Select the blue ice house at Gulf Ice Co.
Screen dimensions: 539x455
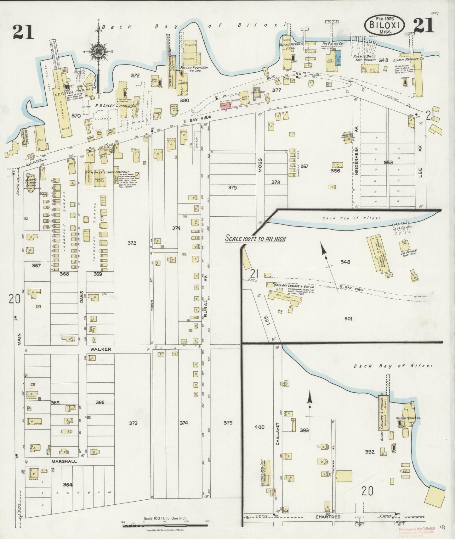point(338,58)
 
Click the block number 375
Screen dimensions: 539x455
point(228,423)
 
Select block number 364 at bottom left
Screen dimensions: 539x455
point(67,485)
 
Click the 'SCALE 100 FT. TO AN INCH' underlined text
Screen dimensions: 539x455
point(255,239)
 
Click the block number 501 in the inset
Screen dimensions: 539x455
point(348,319)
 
